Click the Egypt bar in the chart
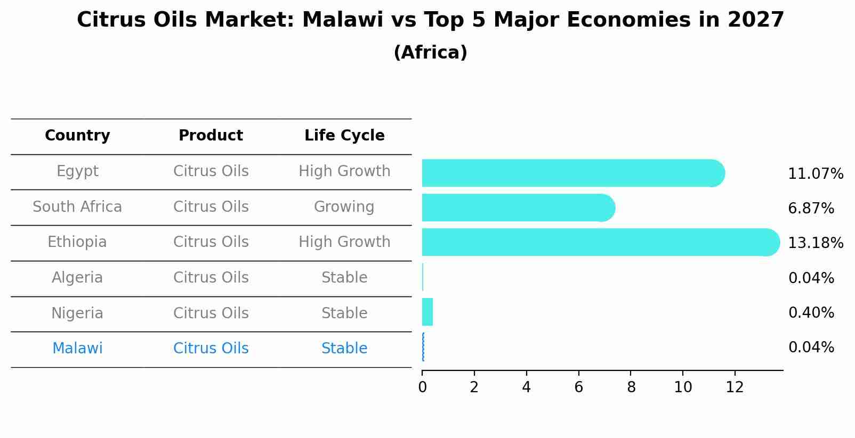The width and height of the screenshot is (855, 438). [573, 173]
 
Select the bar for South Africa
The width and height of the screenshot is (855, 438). [518, 208]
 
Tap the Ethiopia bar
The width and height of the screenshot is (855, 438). [601, 242]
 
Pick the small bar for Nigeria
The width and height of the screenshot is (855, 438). [427, 312]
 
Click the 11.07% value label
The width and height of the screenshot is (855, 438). [815, 174]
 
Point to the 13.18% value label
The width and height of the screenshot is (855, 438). [815, 243]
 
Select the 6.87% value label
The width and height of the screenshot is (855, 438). [811, 209]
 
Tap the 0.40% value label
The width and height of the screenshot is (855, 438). [811, 313]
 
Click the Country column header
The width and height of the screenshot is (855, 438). [77, 136]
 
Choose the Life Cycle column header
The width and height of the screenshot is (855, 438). [344, 136]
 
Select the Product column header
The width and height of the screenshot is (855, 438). [211, 136]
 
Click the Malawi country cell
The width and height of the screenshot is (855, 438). [77, 349]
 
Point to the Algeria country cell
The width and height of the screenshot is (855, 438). [77, 278]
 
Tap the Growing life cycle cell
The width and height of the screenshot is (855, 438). [344, 207]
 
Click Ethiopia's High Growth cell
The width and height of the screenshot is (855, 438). [344, 242]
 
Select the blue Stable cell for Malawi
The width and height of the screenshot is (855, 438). [344, 349]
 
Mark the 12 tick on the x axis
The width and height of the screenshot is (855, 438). [735, 387]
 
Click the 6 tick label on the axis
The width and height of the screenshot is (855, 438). [578, 387]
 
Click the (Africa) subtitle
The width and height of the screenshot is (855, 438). [430, 53]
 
